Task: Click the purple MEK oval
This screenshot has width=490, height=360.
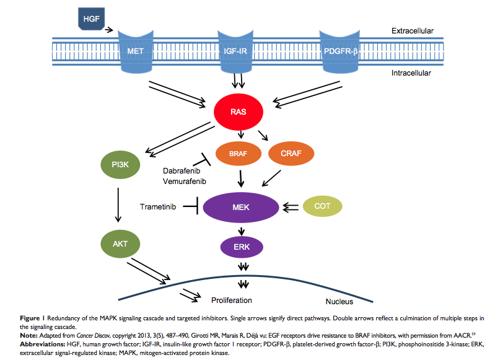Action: click(x=241, y=206)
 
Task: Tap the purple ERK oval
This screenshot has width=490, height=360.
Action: click(x=242, y=247)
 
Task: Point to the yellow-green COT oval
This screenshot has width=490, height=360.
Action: click(x=322, y=206)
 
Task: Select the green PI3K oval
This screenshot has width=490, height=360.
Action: click(x=121, y=165)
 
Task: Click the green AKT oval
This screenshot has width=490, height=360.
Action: click(x=120, y=244)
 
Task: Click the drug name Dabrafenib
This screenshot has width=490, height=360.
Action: click(x=183, y=170)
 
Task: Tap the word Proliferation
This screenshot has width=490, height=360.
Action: click(x=230, y=300)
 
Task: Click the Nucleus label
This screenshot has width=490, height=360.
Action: click(x=338, y=302)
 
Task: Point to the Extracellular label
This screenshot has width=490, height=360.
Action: click(x=412, y=30)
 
